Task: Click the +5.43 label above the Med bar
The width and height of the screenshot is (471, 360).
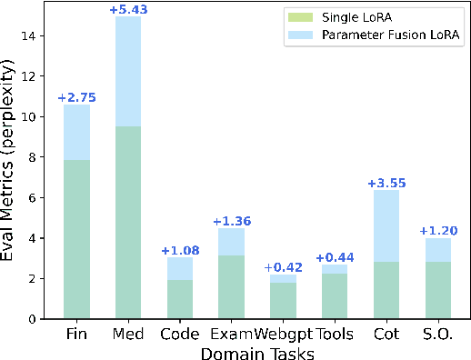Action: (128, 9)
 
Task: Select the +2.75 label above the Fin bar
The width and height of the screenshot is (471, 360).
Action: (76, 97)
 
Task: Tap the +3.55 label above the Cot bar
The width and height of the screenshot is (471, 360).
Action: (386, 183)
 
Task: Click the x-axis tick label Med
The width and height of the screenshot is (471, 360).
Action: (128, 333)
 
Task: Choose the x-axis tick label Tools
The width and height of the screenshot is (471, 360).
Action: (335, 333)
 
